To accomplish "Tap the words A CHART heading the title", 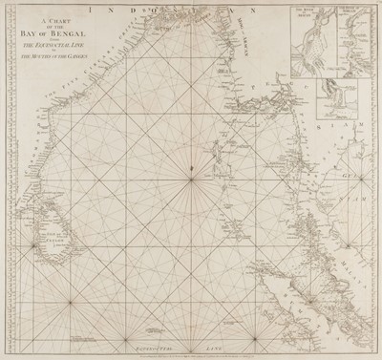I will pos(60,32).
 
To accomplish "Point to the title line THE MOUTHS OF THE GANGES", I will pos(61,73).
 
